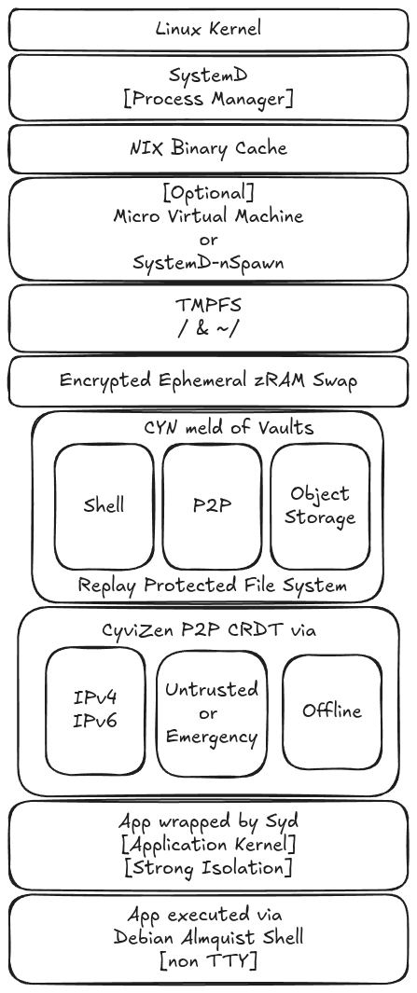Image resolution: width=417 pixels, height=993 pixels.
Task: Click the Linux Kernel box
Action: (x=209, y=29)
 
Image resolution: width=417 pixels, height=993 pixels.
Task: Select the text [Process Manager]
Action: (x=209, y=100)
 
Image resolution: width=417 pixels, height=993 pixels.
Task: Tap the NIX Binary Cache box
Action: (x=209, y=149)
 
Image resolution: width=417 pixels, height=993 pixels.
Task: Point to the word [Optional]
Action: (x=209, y=192)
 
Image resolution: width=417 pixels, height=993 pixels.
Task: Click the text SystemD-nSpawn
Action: (x=209, y=263)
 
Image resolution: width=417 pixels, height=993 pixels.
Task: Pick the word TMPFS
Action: (x=209, y=305)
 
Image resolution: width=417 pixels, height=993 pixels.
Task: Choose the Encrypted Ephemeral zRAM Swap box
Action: (x=209, y=380)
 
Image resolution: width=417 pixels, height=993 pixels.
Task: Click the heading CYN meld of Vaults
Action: (x=229, y=427)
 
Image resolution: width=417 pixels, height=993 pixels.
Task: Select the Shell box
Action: (x=104, y=506)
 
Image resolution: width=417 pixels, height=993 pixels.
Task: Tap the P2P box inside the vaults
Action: (x=212, y=506)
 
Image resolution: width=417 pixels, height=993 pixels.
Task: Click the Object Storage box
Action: (x=320, y=506)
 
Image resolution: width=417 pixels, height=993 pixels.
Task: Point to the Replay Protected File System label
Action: (x=213, y=586)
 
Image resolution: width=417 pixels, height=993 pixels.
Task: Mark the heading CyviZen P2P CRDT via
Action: (x=209, y=630)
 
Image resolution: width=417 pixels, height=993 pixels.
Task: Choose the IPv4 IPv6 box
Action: (x=95, y=710)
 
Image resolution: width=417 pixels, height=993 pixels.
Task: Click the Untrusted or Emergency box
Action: (x=212, y=713)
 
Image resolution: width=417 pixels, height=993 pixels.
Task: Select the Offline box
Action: (x=332, y=710)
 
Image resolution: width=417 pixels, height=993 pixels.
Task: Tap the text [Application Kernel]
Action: (x=209, y=845)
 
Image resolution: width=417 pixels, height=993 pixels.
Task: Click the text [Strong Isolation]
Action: (x=209, y=868)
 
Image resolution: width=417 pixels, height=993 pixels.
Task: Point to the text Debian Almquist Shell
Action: (x=209, y=937)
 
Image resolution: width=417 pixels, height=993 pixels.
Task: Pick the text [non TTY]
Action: (x=209, y=960)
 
